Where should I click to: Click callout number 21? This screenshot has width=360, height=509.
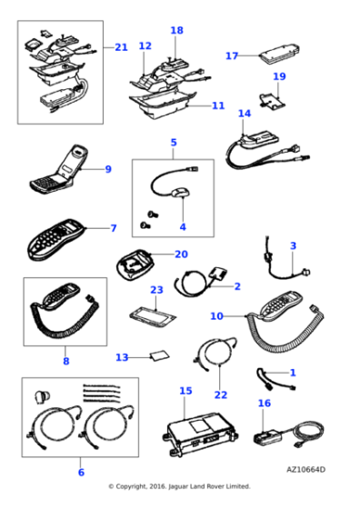tap(121, 47)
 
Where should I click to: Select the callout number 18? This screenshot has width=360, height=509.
tap(176, 30)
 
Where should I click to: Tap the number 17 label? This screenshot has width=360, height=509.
tap(232, 55)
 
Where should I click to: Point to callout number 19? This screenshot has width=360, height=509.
tap(279, 76)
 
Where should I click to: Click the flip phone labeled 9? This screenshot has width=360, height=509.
tap(59, 170)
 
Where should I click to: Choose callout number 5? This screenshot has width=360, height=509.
tap(174, 143)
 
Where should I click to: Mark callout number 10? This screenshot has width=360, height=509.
tap(216, 315)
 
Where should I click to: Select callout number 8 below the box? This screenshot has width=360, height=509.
tap(65, 361)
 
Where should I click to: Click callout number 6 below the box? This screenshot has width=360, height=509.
tap(81, 472)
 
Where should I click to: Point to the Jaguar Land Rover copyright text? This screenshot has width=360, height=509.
tap(179, 486)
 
